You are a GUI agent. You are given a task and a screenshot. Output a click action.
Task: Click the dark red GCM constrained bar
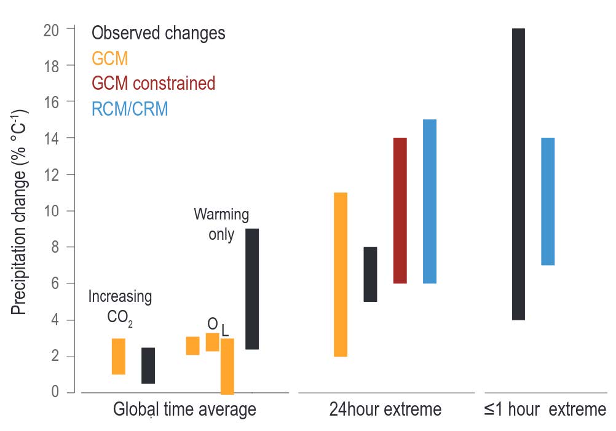tap(400, 211)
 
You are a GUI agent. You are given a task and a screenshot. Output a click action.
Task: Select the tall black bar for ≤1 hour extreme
tap(518, 174)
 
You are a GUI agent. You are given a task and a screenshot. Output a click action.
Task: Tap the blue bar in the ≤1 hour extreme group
tap(548, 202)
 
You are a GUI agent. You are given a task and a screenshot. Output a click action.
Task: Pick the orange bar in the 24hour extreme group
tap(341, 275)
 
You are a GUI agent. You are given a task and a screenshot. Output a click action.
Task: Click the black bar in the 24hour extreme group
tap(371, 274)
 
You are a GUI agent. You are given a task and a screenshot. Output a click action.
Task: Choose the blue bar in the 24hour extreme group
tap(430, 202)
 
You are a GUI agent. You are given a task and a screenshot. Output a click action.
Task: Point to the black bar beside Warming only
tap(252, 289)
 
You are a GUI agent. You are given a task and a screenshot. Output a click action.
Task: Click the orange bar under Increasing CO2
tap(119, 357)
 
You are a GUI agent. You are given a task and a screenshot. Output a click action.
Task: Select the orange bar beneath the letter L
tap(227, 366)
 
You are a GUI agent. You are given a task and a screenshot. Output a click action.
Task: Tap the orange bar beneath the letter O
tap(213, 342)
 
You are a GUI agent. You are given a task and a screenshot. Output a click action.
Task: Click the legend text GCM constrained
tap(154, 84)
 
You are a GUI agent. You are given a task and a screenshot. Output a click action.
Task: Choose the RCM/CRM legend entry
tap(130, 109)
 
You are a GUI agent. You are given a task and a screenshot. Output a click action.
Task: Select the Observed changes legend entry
tap(159, 33)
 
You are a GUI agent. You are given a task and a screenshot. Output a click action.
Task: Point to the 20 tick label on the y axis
tap(51, 30)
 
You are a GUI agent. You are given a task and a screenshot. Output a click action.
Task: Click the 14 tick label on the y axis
tap(51, 139)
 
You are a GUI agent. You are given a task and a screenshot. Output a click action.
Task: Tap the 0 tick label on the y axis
tap(55, 391)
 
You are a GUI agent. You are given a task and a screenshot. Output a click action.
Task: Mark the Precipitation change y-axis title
tap(18, 213)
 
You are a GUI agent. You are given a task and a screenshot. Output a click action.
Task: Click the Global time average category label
tap(184, 409)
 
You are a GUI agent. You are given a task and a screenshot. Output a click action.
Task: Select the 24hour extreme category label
tap(385, 409)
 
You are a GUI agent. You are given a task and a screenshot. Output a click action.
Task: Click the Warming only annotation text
tap(221, 224)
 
